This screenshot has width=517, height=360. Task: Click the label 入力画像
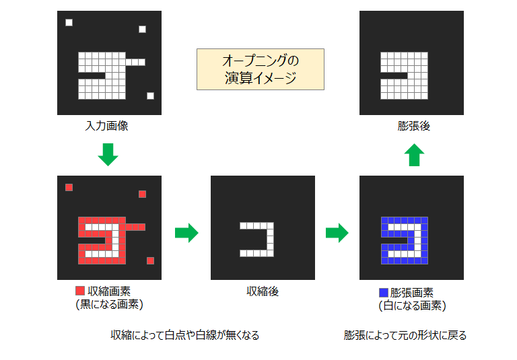point(106,126)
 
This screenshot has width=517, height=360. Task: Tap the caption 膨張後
point(414,126)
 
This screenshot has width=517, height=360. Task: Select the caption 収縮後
point(263,291)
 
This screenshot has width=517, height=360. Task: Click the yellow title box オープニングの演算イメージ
point(261,69)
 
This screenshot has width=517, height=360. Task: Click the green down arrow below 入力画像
point(108,154)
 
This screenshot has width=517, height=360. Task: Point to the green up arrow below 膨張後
point(414,155)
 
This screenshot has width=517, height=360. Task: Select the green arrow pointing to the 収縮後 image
point(186,233)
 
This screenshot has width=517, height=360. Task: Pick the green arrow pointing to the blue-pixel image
point(337,233)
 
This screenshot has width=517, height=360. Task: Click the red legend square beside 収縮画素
point(80,291)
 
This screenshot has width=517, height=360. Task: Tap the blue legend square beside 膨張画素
point(384,293)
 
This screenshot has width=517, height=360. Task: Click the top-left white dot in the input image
point(69,22)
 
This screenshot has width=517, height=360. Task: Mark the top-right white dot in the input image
point(143,30)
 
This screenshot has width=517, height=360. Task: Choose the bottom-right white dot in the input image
point(150,96)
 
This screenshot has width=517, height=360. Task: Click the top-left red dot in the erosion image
point(69,188)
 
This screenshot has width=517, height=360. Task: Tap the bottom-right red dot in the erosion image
point(150,261)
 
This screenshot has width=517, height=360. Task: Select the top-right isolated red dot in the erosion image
point(143,194)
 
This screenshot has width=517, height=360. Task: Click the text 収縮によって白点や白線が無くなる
point(185,335)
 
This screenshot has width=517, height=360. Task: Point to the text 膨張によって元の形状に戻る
point(405,335)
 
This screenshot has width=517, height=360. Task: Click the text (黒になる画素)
point(110,304)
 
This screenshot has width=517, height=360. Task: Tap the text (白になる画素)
point(413,306)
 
